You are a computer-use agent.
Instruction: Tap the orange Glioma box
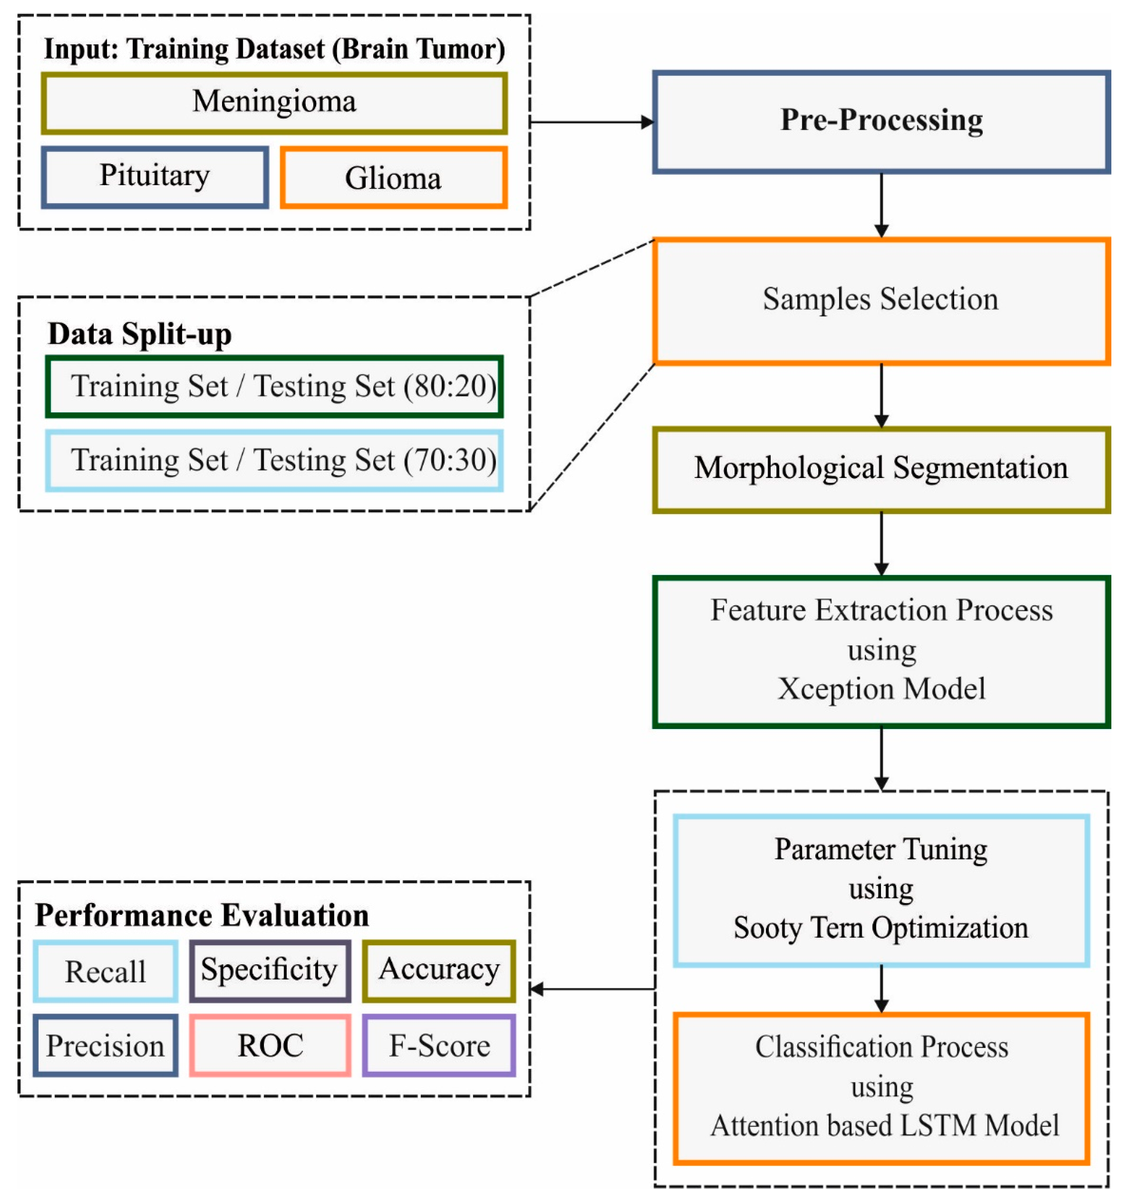(x=394, y=178)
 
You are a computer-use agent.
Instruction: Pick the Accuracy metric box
(x=439, y=971)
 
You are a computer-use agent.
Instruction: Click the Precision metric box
(x=106, y=1046)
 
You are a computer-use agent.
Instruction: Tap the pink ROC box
(x=270, y=1046)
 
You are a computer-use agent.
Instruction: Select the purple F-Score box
(x=439, y=1046)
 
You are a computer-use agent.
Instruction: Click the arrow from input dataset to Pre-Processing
(x=591, y=122)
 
